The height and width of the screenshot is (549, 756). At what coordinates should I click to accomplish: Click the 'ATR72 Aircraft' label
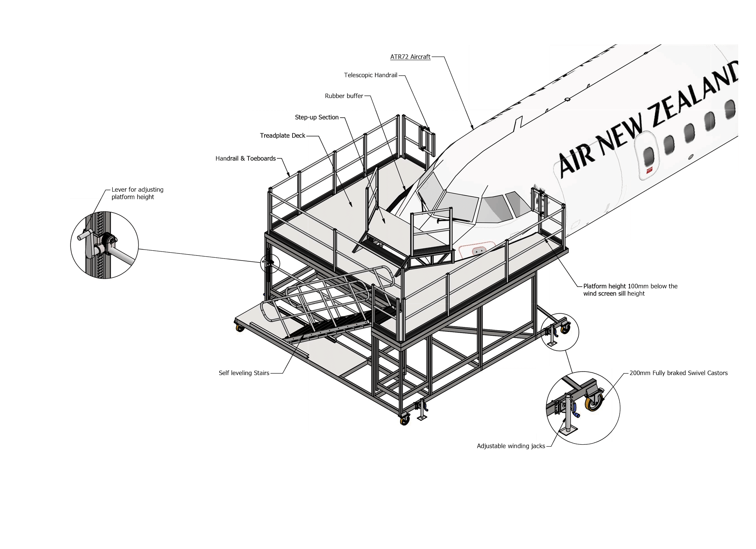coord(410,57)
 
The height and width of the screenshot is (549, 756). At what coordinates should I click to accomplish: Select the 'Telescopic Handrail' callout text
coord(371,75)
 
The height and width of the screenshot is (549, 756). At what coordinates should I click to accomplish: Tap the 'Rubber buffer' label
coord(344,96)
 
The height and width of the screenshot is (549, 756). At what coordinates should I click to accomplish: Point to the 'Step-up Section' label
coord(317,117)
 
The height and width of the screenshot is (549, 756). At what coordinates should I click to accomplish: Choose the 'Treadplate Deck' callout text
coord(282,136)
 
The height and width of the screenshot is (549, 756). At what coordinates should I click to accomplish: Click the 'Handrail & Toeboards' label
coord(245,159)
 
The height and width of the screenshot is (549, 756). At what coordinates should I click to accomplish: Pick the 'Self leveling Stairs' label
coord(244,373)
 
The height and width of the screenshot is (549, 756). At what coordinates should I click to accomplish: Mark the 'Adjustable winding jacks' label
coord(511,446)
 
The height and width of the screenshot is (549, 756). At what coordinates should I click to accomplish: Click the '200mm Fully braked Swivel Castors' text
coord(678,373)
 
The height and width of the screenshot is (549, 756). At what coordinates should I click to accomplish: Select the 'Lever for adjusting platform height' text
coord(137,193)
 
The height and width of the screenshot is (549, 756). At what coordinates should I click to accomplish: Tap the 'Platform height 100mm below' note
coord(630,286)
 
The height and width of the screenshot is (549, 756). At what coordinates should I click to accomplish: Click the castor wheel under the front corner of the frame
coord(405,421)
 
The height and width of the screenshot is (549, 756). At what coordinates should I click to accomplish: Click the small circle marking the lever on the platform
coord(270,264)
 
